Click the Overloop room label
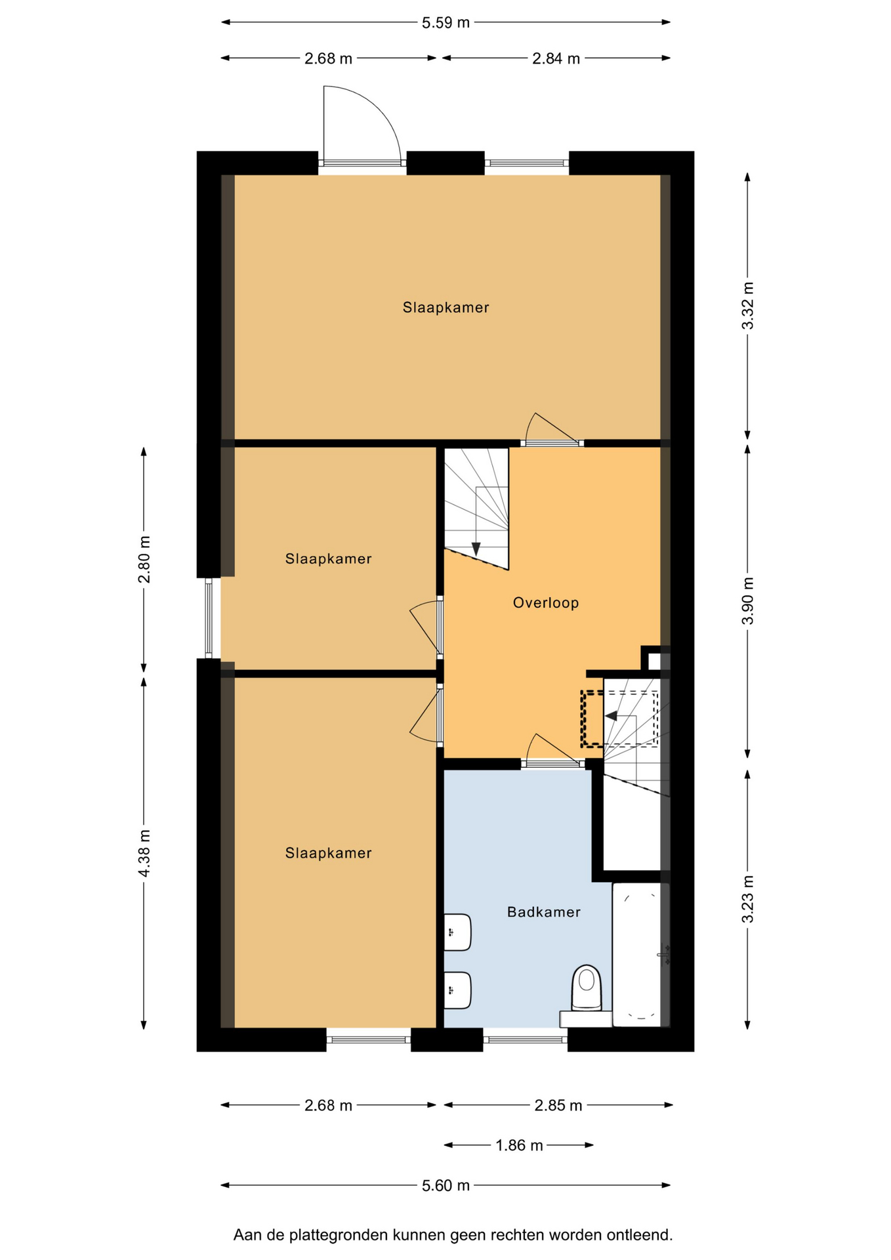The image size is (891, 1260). click(546, 602)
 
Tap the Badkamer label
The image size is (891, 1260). click(544, 912)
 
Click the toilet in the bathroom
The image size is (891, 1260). click(587, 987)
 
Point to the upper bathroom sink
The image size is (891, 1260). click(457, 932)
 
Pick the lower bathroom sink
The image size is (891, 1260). click(457, 990)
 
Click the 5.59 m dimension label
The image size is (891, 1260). click(445, 22)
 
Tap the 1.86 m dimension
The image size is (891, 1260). click(519, 1145)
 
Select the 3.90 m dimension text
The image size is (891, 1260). click(748, 601)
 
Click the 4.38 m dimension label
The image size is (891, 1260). click(144, 852)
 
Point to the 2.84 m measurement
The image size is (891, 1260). click(556, 58)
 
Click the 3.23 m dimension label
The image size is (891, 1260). click(748, 898)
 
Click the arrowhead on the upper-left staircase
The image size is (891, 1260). click(476, 549)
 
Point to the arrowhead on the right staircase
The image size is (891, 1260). click(611, 716)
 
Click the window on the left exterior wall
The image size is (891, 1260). click(209, 618)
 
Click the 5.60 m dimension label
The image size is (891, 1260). click(445, 1185)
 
